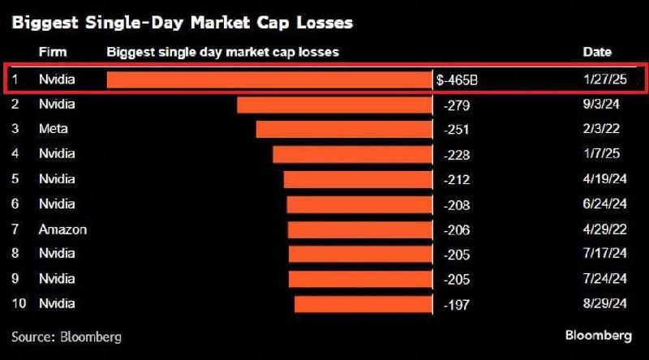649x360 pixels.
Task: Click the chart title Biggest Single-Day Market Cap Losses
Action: coord(183,23)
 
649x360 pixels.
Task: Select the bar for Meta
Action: coord(345,129)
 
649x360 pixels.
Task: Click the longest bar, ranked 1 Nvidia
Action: coord(270,79)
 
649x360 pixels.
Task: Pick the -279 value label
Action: coord(458,105)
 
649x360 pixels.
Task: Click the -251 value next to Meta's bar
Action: coord(458,129)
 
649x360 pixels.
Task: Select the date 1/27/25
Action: coord(604,79)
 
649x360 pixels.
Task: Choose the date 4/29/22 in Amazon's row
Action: coord(604,229)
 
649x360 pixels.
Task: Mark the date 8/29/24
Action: coord(604,304)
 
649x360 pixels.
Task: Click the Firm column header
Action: coord(53,52)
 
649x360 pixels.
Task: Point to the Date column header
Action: coord(597,52)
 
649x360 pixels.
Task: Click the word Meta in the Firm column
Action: coord(54,129)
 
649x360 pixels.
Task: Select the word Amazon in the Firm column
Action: coord(62,229)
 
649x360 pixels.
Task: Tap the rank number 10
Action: coord(19,304)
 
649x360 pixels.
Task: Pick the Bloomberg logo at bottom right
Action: coord(598,336)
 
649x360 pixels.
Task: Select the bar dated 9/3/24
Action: coord(335,105)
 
